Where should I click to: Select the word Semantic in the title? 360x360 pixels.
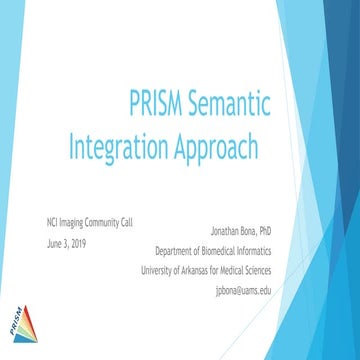[x=240, y=103]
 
